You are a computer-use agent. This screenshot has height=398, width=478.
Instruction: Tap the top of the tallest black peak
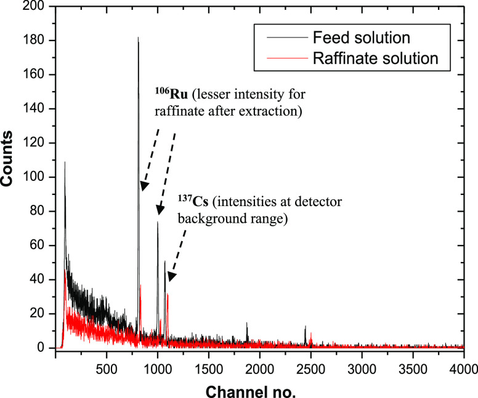pyautogui.click(x=138, y=38)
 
